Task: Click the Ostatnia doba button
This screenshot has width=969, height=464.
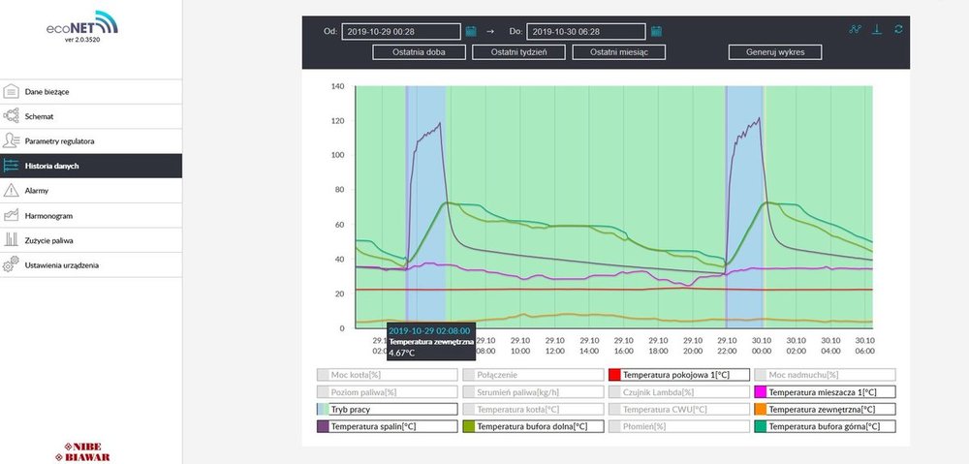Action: [419, 52]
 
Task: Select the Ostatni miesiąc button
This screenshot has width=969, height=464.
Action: [616, 52]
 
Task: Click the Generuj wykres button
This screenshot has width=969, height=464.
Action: [776, 52]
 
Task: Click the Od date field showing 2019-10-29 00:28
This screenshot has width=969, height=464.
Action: [401, 31]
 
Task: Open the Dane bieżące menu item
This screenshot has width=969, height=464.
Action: [47, 92]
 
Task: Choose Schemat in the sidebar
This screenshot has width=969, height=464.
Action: [40, 116]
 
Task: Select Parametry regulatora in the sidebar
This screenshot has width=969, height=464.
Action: [60, 141]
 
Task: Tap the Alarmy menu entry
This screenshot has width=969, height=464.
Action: [37, 191]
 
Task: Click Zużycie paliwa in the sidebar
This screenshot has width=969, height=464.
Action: [49, 240]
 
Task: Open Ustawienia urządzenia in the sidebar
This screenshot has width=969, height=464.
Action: [62, 264]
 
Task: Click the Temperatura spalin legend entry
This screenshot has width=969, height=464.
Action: [387, 426]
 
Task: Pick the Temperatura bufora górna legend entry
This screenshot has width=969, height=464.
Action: [824, 426]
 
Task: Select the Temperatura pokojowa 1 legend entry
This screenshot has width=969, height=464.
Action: [677, 374]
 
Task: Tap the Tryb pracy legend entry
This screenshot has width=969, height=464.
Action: [387, 410]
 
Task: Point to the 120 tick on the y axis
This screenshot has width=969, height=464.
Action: [338, 121]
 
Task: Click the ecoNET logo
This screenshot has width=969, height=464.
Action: [82, 25]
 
